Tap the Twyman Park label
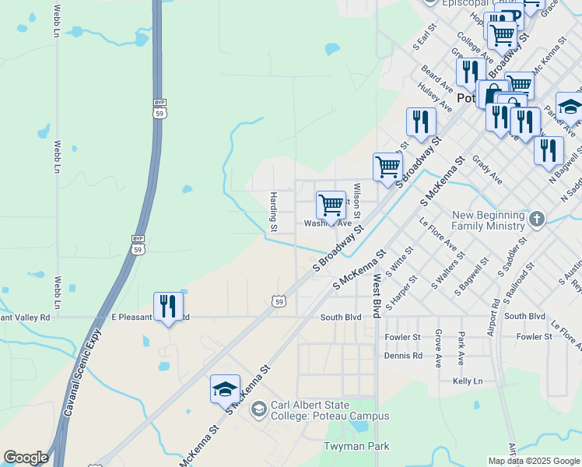pyautogui.click(x=356, y=446)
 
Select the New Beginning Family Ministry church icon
pyautogui.click(x=537, y=220)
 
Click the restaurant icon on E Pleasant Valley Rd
pyautogui.click(x=168, y=307)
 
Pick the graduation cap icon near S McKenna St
pyautogui.click(x=225, y=389)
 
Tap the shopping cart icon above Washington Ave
pyautogui.click(x=331, y=205)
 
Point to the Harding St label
pyautogui.click(x=273, y=212)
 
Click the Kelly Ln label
pyautogui.click(x=468, y=381)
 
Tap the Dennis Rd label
pyautogui.click(x=403, y=356)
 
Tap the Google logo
pyautogui.click(x=26, y=458)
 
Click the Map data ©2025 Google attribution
pyautogui.click(x=533, y=461)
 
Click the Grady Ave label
pyautogui.click(x=487, y=171)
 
